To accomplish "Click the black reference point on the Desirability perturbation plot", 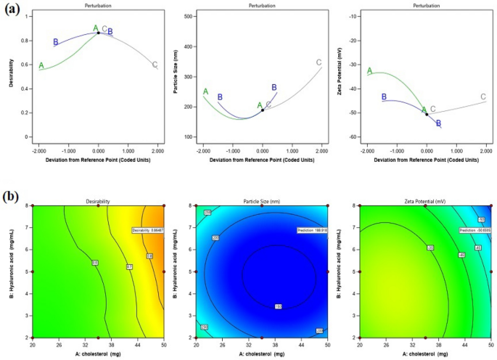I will coord(99,33).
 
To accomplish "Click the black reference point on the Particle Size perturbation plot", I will coord(263,110).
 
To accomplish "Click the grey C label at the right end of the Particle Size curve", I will coord(319,62).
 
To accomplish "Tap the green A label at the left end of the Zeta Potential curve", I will coord(369,71).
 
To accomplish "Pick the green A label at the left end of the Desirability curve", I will coord(41,65).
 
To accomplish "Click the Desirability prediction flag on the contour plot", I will coord(148,230).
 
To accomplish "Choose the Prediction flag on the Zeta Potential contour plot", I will coord(475,230).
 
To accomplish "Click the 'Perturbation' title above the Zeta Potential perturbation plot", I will coord(426,4).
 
